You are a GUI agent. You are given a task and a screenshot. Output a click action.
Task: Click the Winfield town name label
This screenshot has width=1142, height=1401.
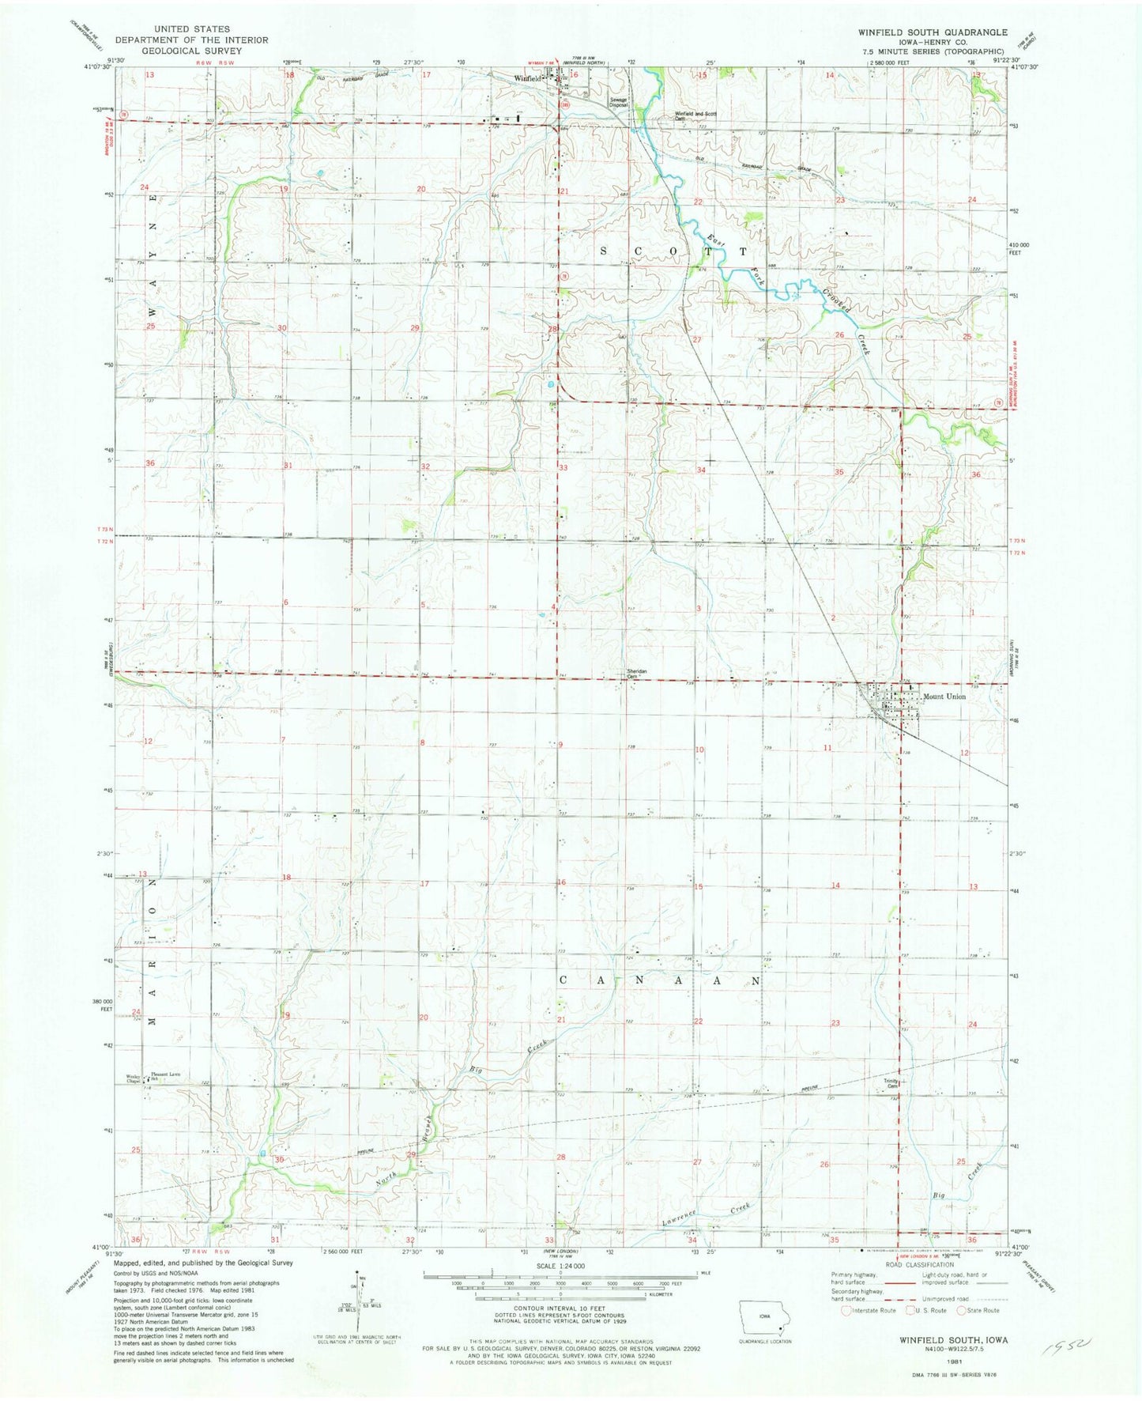527,79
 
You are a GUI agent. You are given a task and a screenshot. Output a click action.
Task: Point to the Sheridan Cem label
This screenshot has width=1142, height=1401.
637,674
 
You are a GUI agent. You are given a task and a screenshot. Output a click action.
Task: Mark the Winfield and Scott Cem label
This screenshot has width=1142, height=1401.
695,115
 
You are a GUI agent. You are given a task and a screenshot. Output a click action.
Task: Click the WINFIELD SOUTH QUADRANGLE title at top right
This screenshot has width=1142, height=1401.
933,32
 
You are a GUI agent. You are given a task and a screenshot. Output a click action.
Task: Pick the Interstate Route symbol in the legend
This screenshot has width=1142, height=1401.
846,1310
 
